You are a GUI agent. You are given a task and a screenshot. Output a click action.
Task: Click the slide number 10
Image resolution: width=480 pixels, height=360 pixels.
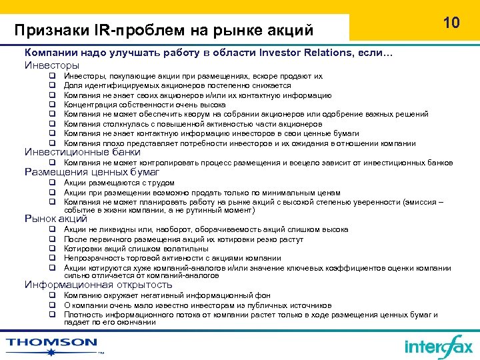point(451,23)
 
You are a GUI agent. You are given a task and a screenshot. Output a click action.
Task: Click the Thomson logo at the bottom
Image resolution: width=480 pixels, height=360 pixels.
point(52,344)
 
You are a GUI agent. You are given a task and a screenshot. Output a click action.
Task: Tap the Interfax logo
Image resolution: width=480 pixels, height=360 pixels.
point(438,346)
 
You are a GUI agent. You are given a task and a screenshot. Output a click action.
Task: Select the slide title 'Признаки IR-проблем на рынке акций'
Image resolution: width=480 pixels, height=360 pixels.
point(164,30)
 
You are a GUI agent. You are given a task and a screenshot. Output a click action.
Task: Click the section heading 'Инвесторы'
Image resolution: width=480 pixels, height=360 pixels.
point(52,65)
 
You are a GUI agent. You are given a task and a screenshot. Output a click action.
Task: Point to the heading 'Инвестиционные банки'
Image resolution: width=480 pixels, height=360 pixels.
point(83,152)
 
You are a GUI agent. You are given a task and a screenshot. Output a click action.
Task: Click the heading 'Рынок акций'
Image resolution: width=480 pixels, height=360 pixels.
point(56,218)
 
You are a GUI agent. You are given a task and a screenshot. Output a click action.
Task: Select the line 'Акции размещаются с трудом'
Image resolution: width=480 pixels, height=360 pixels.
point(119,183)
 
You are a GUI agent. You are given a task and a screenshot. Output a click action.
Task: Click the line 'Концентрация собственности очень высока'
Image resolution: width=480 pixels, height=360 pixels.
point(145,105)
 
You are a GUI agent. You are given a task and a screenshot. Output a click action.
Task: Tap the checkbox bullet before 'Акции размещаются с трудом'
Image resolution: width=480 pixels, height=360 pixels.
point(51,183)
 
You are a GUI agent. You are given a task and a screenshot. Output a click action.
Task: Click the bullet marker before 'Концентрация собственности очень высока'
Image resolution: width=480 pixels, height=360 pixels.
point(51,105)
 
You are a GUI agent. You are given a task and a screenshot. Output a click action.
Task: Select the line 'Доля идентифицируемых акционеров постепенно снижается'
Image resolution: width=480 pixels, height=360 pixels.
point(177,86)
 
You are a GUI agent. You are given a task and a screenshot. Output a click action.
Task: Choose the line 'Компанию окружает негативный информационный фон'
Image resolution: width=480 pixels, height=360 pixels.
point(167,295)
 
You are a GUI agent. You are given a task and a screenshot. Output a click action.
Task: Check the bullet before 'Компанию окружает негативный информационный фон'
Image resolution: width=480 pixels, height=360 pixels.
point(51,295)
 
